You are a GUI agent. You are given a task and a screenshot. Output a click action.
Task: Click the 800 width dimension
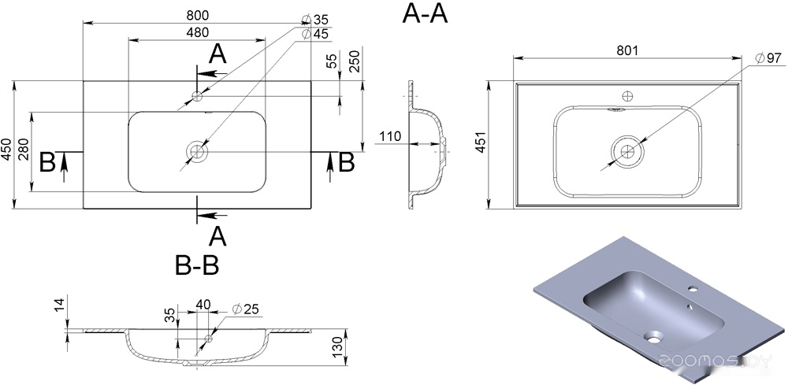point(197,16)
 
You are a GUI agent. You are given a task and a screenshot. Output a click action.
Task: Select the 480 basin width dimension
point(198,32)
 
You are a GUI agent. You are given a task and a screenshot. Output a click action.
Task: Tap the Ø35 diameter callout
point(314,20)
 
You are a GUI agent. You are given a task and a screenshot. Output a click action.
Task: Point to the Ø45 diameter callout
point(314,34)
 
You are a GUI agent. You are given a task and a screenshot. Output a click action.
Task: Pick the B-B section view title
point(197,266)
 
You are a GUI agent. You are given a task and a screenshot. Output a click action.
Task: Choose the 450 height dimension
point(6,149)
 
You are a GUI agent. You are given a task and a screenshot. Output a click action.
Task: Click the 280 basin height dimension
point(23,149)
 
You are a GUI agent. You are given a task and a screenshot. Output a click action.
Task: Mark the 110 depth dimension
point(390,136)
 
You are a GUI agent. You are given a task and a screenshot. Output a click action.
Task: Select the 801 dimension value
point(627,50)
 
